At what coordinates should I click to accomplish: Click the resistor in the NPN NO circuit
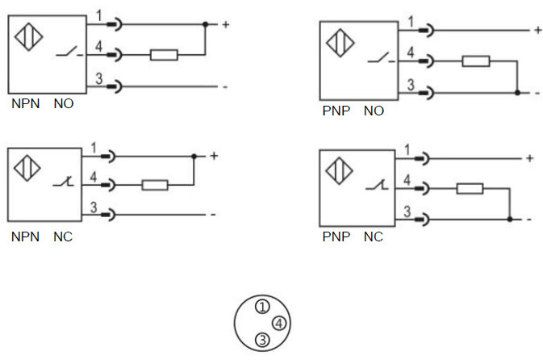pyautogui.click(x=164, y=56)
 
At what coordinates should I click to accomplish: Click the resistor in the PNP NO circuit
pyautogui.click(x=475, y=61)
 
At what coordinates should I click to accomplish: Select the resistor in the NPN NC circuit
pyautogui.click(x=154, y=185)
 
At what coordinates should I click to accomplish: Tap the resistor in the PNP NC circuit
pyautogui.click(x=469, y=189)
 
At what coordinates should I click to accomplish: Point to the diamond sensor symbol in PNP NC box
pyautogui.click(x=339, y=173)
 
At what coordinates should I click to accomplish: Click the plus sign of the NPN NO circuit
pyautogui.click(x=225, y=24)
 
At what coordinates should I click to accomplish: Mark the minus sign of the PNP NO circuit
pyautogui.click(x=537, y=93)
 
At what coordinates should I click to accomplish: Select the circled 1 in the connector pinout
pyautogui.click(x=262, y=306)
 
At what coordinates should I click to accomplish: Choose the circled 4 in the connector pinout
pyautogui.click(x=278, y=324)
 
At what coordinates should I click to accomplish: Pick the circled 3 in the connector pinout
pyautogui.click(x=261, y=340)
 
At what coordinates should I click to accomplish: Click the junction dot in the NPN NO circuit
pyautogui.click(x=205, y=25)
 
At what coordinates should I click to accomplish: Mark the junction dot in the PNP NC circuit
pyautogui.click(x=509, y=219)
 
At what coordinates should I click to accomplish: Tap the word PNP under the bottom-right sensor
pyautogui.click(x=335, y=237)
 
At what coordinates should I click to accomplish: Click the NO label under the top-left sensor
pyautogui.click(x=64, y=104)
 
